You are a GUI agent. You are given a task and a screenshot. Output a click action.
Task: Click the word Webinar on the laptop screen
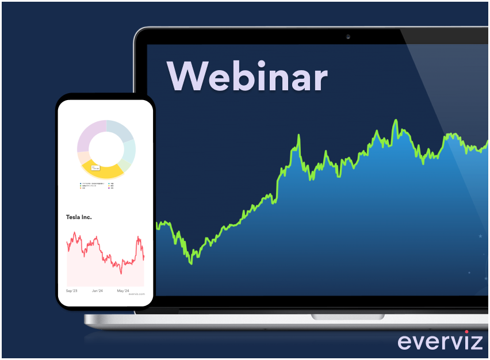click(247, 75)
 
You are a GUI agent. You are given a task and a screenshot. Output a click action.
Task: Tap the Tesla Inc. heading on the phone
click(79, 217)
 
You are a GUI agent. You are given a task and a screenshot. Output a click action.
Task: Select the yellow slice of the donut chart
click(103, 170)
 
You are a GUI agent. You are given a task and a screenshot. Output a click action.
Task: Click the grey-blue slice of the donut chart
click(120, 131)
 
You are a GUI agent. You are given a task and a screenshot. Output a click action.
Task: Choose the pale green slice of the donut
click(128, 163)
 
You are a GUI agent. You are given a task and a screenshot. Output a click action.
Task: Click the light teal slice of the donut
click(130, 149)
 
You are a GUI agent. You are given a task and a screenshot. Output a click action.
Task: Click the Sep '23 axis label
click(72, 291)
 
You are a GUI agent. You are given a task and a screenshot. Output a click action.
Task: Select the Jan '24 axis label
click(97, 291)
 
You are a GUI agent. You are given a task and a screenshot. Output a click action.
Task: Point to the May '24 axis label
click(123, 291)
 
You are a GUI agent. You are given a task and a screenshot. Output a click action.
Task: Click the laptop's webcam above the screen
click(348, 37)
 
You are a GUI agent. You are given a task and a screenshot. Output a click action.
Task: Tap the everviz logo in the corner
click(440, 341)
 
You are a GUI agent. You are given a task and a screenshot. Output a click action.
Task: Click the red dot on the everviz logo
click(466, 332)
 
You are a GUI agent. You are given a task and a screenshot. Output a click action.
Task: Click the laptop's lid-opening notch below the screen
click(347, 317)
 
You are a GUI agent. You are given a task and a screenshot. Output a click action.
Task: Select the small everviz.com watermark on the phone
click(137, 294)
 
